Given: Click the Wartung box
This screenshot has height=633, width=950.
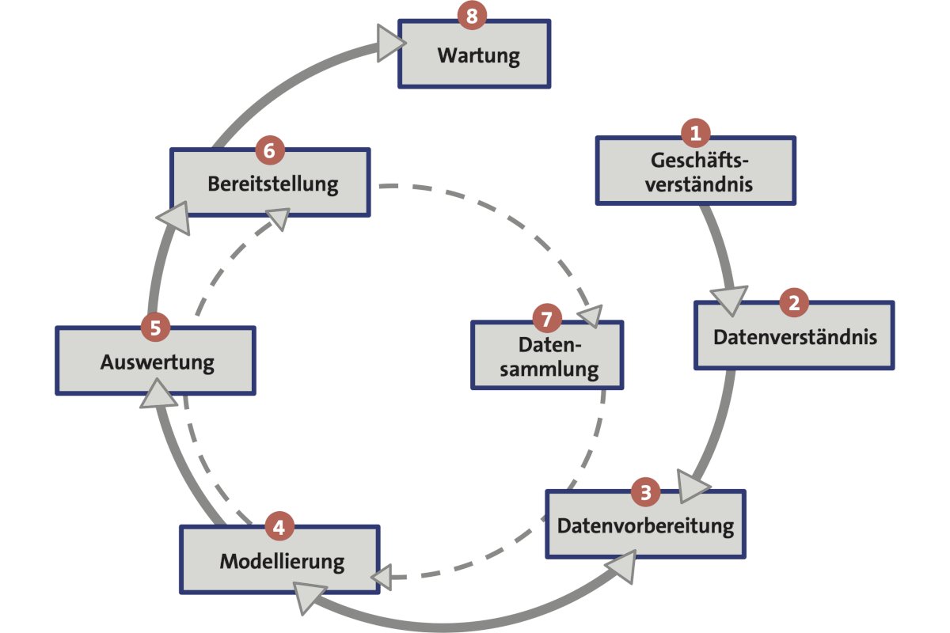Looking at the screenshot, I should [475, 57].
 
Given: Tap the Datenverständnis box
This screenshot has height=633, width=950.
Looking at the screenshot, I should [794, 337].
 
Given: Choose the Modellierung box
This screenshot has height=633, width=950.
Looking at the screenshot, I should [280, 562].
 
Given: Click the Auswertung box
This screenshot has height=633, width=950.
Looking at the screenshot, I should [156, 363].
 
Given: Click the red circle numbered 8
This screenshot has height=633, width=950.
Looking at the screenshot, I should [473, 17].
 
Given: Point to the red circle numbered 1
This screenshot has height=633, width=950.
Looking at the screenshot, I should [696, 134].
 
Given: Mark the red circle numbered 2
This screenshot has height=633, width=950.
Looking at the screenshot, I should [794, 301].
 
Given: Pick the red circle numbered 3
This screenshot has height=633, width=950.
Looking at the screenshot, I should [645, 492].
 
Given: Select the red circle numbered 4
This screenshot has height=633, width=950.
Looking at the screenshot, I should [280, 526].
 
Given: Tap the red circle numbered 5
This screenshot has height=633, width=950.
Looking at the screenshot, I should [155, 326].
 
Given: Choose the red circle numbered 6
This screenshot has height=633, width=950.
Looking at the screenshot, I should [270, 148].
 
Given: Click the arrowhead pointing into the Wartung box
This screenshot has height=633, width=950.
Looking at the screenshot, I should [388, 43].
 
